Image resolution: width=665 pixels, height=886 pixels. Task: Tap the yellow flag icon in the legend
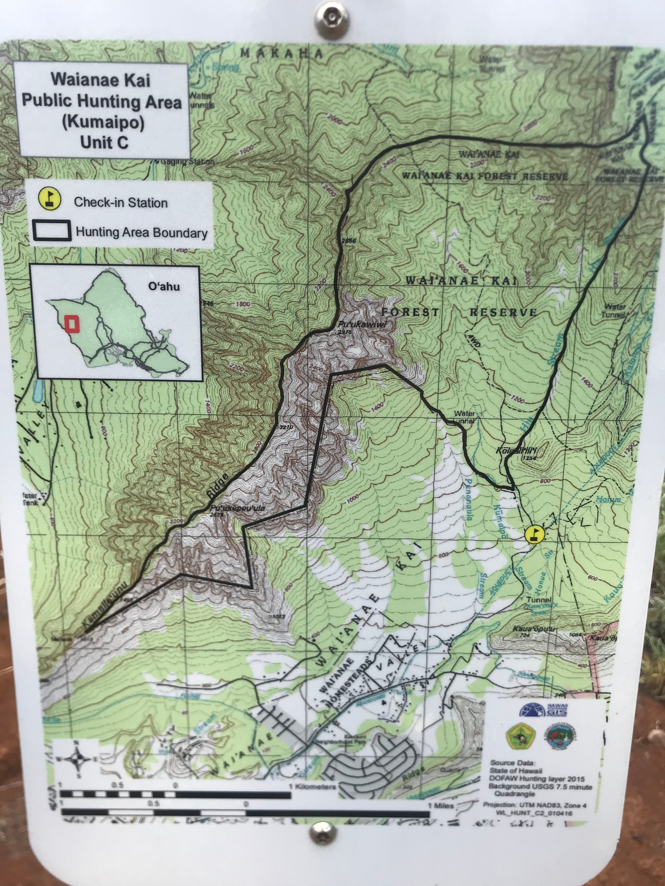(50, 199)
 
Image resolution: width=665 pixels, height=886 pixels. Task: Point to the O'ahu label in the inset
(164, 287)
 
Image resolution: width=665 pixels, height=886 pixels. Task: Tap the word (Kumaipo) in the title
(103, 122)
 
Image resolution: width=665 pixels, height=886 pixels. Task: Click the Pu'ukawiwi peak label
(362, 325)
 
